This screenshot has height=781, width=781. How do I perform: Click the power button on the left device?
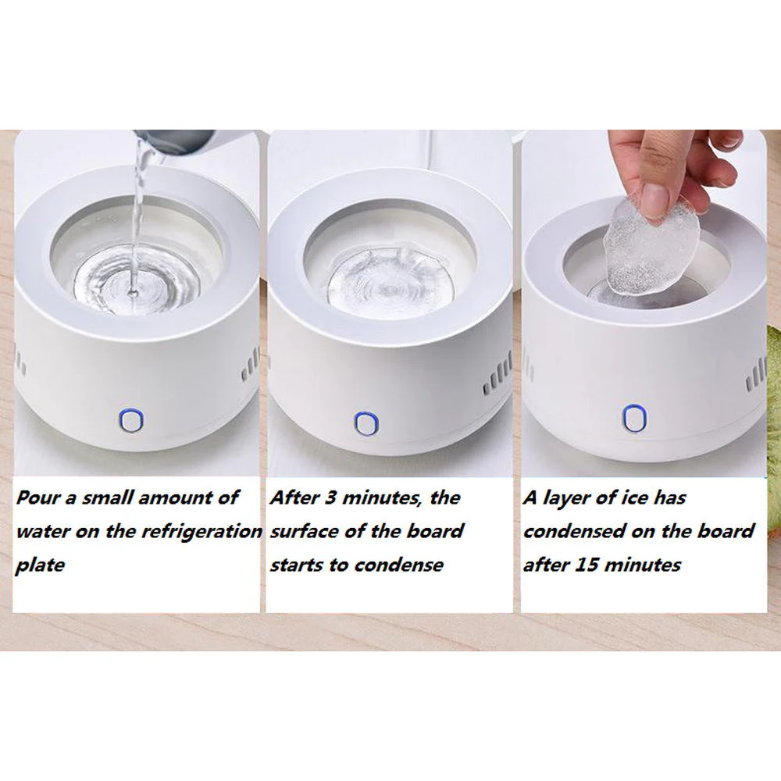[x=130, y=420]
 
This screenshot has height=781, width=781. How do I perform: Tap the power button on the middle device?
[x=365, y=423]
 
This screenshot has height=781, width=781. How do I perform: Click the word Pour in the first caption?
[x=37, y=497]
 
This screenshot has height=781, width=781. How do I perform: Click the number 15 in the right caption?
[x=596, y=565]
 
